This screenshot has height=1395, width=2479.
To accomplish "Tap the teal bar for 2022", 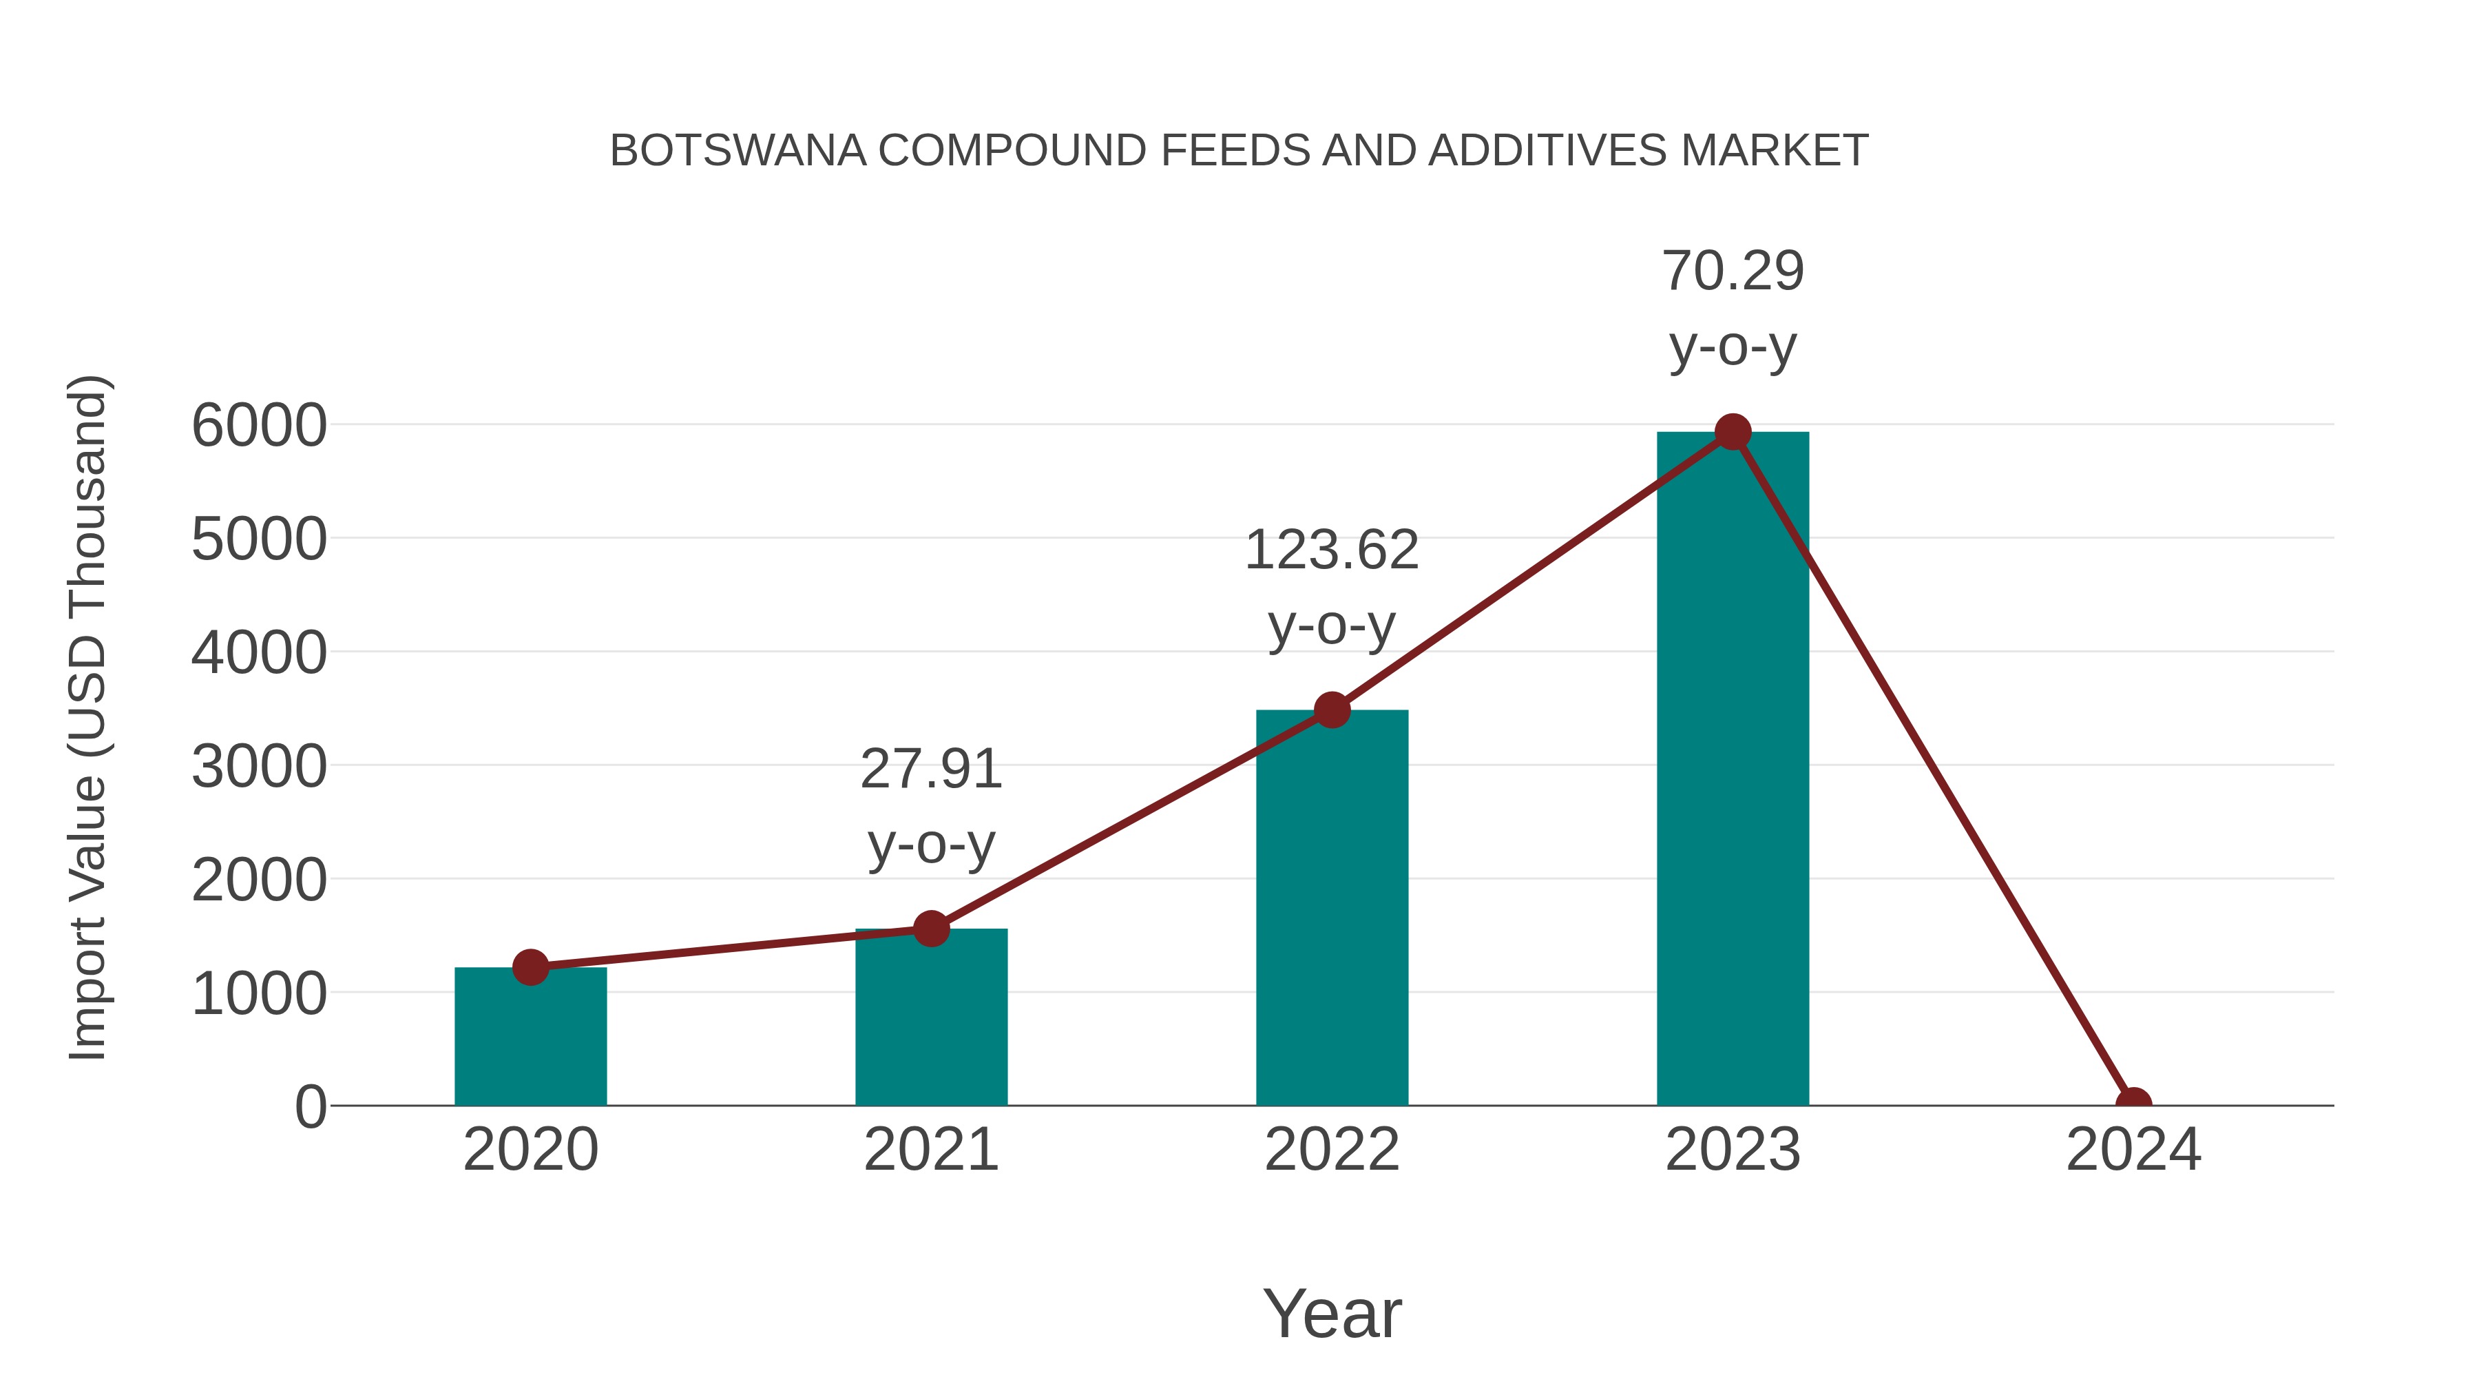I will (x=1331, y=915).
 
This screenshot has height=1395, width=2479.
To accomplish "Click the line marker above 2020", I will (x=530, y=967).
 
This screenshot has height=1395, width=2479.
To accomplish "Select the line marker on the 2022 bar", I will (x=1331, y=710).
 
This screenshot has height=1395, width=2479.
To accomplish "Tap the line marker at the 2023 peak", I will (x=1733, y=432).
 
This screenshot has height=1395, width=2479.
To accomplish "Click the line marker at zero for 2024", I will (x=2133, y=1104).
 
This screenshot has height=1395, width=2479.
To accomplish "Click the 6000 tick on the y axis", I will (x=259, y=426).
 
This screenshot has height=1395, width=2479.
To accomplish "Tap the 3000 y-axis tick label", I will (x=259, y=767).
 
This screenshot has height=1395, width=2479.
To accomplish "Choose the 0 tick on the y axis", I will (x=310, y=1106).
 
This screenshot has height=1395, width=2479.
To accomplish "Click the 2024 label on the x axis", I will (x=2133, y=1150).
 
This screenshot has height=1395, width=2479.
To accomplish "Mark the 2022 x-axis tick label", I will (x=1331, y=1150).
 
